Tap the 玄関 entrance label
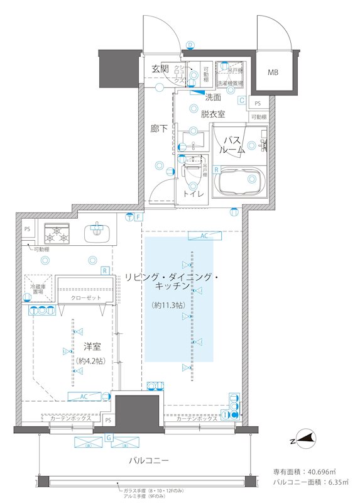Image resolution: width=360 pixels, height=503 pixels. pos(161,69)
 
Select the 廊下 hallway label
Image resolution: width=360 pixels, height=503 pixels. pos(159,128)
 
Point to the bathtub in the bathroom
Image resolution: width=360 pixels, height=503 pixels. pos(241,183)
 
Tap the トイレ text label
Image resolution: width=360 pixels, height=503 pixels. pos(193,194)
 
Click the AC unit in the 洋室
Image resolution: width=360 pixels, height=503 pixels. pos(84,396)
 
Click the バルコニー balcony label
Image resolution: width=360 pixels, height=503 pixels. pos(149,461)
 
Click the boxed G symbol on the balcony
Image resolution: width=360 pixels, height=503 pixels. pos(109,436)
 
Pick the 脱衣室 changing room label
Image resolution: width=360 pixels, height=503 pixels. pos(214,114)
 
